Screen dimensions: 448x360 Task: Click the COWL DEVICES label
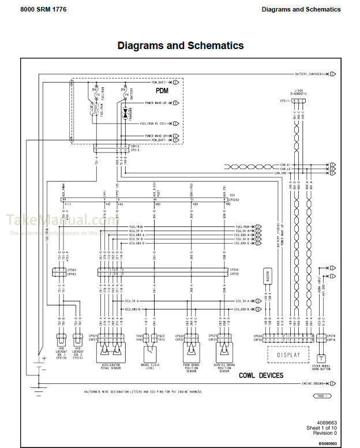pos(261,375)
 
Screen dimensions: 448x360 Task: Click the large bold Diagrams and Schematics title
pos(180,46)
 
